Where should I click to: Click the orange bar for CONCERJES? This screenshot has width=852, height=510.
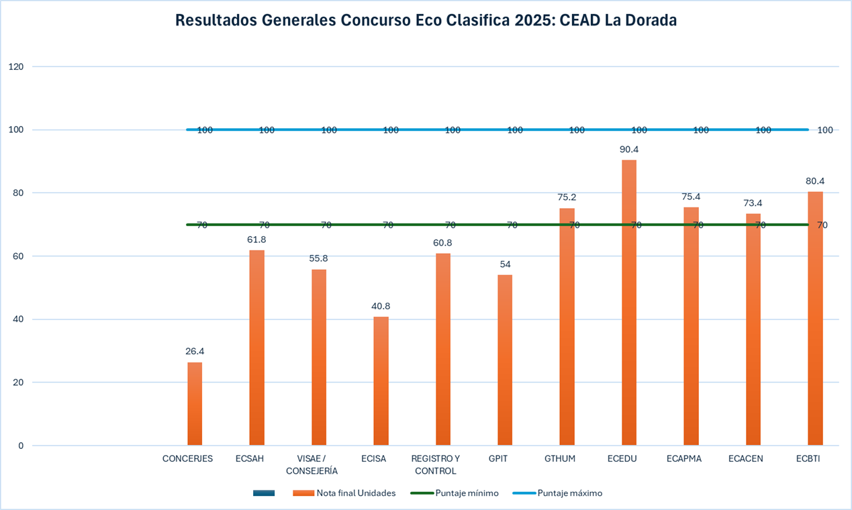pos(195,404)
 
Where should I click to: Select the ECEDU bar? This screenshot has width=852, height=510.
pos(629,302)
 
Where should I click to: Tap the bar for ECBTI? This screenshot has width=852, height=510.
pos(815,319)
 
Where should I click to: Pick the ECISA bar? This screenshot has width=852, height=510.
pos(381,380)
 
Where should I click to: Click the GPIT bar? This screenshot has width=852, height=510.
pos(505,360)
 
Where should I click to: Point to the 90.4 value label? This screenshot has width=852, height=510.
pos(629,150)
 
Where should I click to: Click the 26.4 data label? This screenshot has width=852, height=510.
pos(195,351)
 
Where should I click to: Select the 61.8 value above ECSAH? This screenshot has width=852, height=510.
pos(256,239)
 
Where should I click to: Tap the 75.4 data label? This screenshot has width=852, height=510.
pos(691,197)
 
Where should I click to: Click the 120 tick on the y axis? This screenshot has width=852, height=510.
pos(16,66)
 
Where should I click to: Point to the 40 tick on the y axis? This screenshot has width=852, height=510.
pos(18,319)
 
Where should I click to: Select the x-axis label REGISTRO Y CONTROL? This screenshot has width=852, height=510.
pos(436,464)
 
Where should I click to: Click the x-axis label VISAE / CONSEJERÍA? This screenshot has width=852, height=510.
pos(312,464)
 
